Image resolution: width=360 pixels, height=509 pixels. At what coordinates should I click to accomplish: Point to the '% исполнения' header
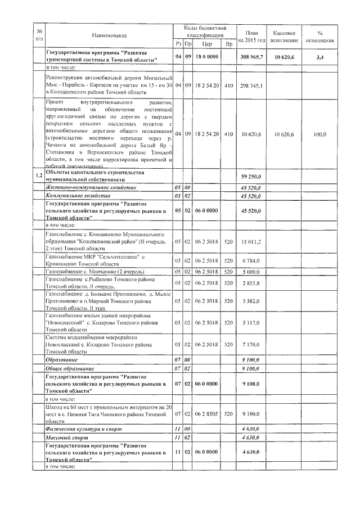coord(319,36)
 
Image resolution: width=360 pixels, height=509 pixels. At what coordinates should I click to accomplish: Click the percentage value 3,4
coord(319,57)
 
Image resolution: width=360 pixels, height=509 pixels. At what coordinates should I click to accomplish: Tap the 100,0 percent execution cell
coord(319,134)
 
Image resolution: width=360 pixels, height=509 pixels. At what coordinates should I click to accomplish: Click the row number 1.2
coord(38,176)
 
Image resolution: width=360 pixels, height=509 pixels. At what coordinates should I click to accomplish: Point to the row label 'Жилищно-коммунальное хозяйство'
coord(91,187)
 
